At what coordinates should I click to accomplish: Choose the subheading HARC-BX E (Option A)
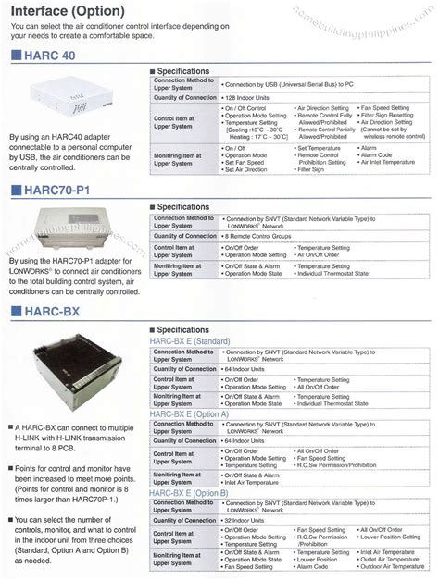191,414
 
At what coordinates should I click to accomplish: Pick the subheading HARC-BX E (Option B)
191,495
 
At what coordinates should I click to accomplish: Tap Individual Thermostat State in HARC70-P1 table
333,275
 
